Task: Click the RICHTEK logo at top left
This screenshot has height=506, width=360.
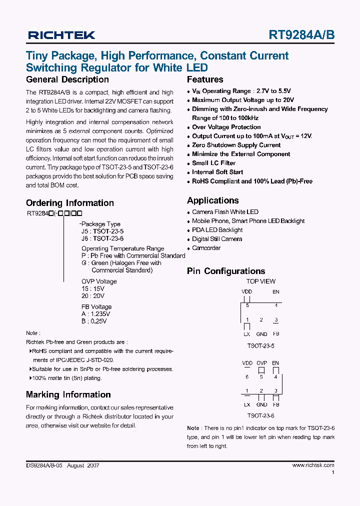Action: pos(61,35)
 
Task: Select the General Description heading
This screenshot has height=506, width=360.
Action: pos(67,79)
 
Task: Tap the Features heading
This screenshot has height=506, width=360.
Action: pos(205,79)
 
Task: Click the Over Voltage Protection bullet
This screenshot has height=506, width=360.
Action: pos(226,127)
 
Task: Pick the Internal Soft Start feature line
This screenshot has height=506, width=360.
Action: pos(217,172)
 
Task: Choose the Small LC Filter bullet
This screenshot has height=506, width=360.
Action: pos(213,163)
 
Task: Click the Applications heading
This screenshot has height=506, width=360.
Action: pos(213,200)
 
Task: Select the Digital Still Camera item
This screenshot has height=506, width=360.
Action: pos(217,239)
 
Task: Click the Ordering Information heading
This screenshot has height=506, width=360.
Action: pos(70,203)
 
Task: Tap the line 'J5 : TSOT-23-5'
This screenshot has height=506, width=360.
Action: pos(102,231)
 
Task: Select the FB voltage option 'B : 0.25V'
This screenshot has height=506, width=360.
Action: pos(94,321)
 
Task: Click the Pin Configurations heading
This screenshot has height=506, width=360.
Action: pos(226,271)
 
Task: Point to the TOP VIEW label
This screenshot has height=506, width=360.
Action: pos(260,281)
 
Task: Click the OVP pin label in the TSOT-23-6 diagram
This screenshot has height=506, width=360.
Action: pos(261,363)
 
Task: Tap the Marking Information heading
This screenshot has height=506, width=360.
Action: pos(68,394)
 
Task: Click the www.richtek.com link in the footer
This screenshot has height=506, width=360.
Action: pos(313,465)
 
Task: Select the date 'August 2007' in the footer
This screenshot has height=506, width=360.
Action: pos(83,465)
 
